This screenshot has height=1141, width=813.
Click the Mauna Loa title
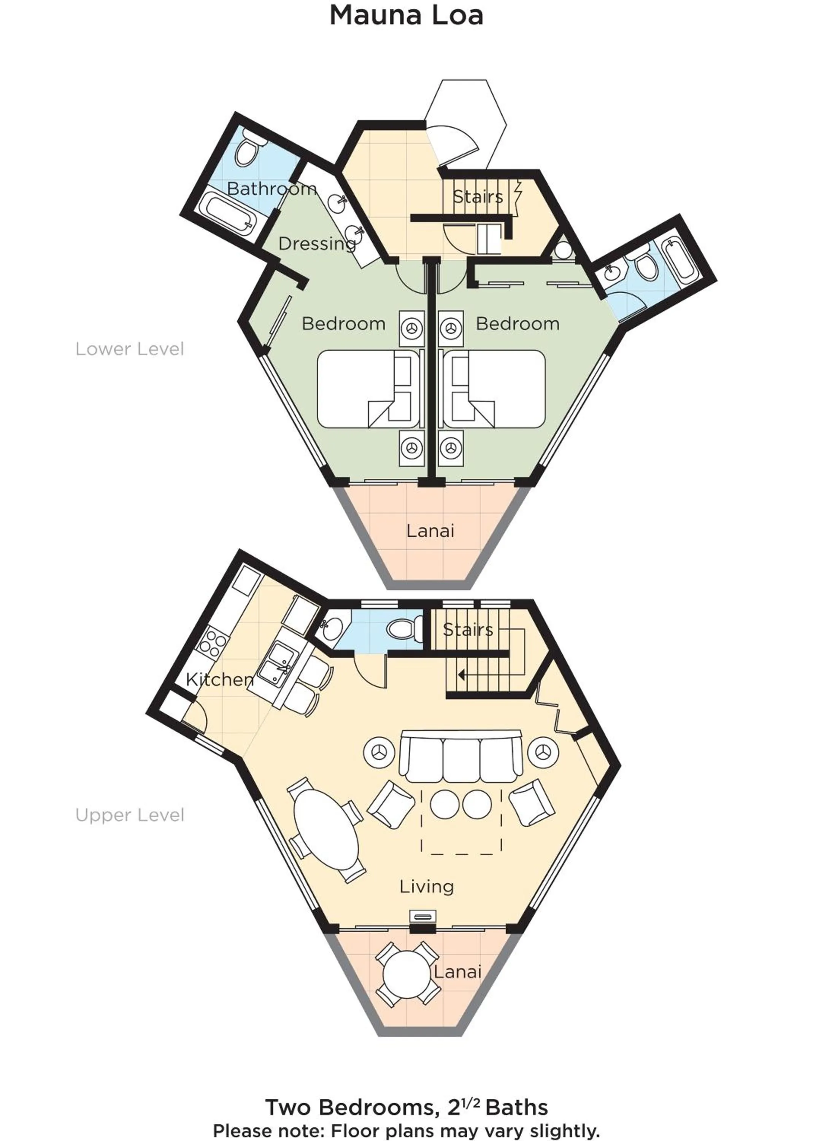coord(406,16)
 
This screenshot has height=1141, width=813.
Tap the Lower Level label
coord(130,349)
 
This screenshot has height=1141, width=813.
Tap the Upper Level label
coord(130,815)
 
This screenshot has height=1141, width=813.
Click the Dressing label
coord(317,244)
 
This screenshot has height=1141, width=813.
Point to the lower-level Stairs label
coord(478,196)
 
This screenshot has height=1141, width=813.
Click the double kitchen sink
coord(275,665)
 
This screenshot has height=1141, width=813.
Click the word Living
coord(427,887)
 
